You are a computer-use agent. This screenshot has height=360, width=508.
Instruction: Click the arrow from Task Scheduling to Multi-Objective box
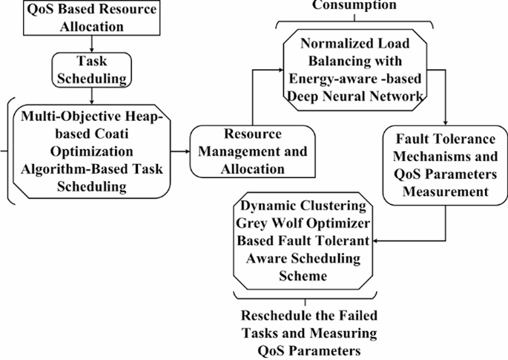[x=90, y=96]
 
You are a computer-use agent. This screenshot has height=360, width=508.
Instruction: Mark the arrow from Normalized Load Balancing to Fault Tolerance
[x=444, y=104]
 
